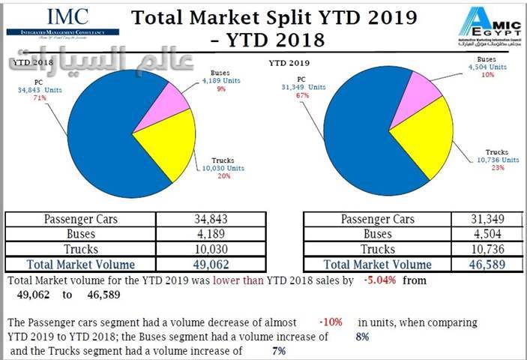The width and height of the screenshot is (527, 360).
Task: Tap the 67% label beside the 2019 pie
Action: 303,95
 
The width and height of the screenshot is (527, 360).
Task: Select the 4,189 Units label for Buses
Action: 224,79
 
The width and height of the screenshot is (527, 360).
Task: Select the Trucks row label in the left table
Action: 81,249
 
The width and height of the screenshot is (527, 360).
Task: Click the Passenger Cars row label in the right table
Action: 378,220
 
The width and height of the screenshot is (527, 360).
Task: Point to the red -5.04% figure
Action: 384,281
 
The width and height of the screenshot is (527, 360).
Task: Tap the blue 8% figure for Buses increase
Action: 362,337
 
